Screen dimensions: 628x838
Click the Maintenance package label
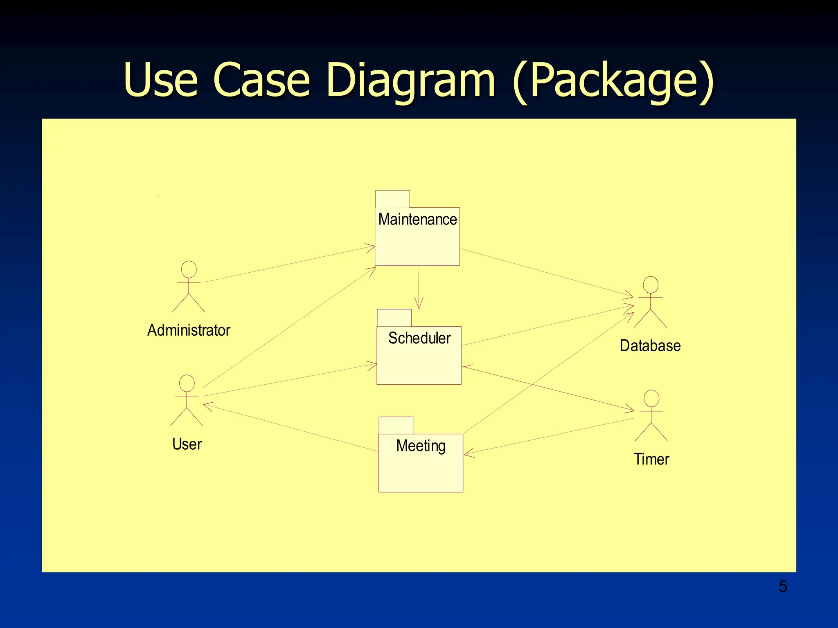point(417,220)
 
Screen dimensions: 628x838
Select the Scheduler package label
point(419,338)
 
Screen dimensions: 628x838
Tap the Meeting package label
point(421,446)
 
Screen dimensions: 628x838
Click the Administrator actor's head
point(189,269)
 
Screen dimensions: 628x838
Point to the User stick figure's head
point(187,383)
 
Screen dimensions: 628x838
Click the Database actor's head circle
point(651,285)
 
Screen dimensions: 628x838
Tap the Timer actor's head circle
point(651,398)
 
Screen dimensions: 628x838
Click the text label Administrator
point(189,330)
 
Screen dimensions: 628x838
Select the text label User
point(187,444)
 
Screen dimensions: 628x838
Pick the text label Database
point(650,345)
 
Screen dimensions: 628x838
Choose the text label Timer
point(651,459)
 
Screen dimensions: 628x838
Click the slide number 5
point(783,587)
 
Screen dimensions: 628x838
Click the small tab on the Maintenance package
point(392,199)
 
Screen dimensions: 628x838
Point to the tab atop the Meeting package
point(396,426)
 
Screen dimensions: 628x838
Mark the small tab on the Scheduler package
point(394,318)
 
